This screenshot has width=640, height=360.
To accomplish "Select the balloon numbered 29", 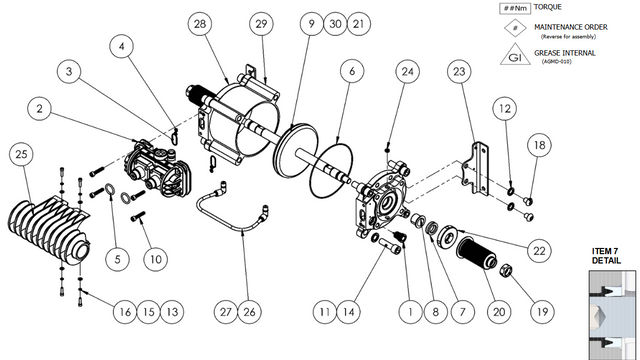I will pos(262,22).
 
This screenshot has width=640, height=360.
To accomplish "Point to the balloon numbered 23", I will pos(459,72).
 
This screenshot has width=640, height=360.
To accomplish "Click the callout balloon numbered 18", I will pos(538,146).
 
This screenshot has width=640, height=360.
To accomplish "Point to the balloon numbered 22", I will pos(538,250).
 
